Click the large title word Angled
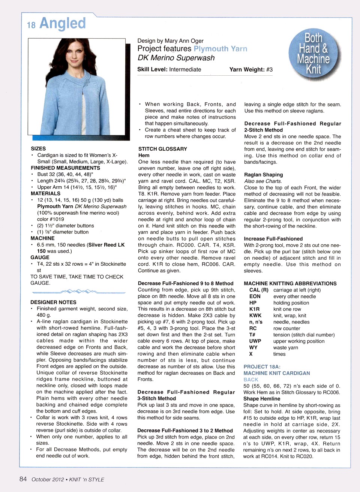[x=63, y=23]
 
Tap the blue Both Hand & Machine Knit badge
[x=314, y=54]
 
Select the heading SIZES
[x=38, y=149]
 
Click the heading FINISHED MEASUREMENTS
[x=65, y=168]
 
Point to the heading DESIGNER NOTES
[x=53, y=302]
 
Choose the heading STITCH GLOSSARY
[x=162, y=149]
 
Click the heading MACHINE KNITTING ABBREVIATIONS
[x=290, y=284]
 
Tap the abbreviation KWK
[x=255, y=316]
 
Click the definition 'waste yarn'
[x=286, y=348]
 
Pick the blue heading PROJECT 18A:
[x=262, y=367]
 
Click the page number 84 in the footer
[x=23, y=479]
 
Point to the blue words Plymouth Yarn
[x=220, y=49]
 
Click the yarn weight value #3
[x=269, y=69]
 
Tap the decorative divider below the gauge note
[x=79, y=291]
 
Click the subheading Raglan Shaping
[x=263, y=175]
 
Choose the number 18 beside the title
[x=31, y=25]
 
